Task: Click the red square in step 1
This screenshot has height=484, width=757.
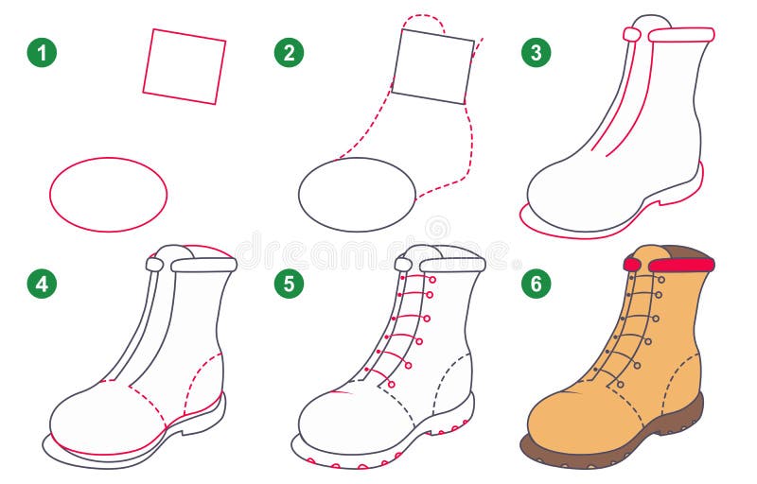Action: [185, 66]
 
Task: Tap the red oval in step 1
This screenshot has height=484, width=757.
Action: [108, 194]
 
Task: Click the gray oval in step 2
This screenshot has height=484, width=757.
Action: [357, 194]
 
